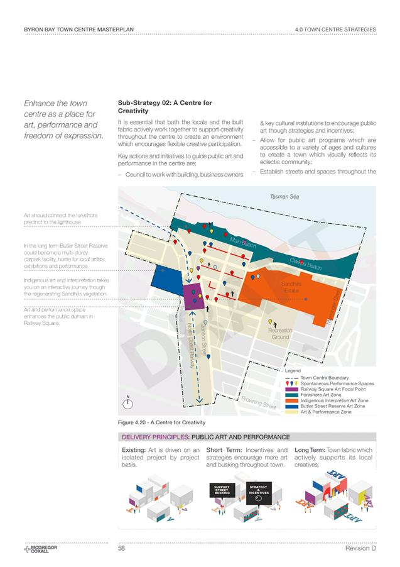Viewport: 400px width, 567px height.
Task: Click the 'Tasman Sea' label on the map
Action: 284,197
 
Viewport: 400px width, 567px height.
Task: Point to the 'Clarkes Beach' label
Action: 306,265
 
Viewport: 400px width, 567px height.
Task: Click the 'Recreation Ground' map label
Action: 280,334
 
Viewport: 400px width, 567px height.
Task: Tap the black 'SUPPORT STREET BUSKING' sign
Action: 222,490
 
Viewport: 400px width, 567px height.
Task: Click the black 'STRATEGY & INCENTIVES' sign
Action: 258,489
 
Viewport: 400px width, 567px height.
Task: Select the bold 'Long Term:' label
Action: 309,450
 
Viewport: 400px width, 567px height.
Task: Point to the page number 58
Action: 122,549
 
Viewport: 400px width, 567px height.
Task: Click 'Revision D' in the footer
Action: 360,549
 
